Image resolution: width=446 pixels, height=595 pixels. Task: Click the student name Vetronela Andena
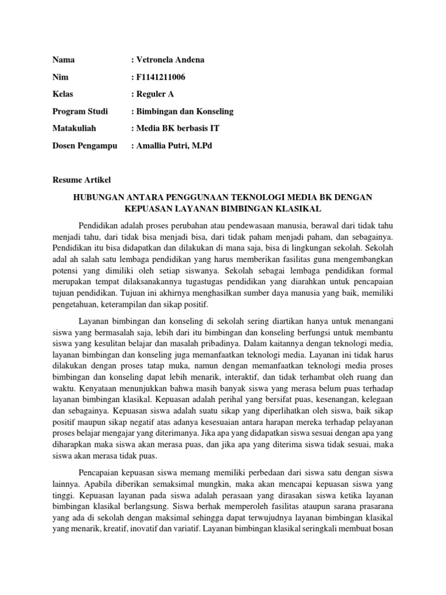171,60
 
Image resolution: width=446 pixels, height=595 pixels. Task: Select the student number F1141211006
161,77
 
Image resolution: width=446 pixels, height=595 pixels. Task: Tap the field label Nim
59,77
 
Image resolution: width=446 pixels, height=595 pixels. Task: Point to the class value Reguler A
156,94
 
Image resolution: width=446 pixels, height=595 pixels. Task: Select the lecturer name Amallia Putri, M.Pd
175,145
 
